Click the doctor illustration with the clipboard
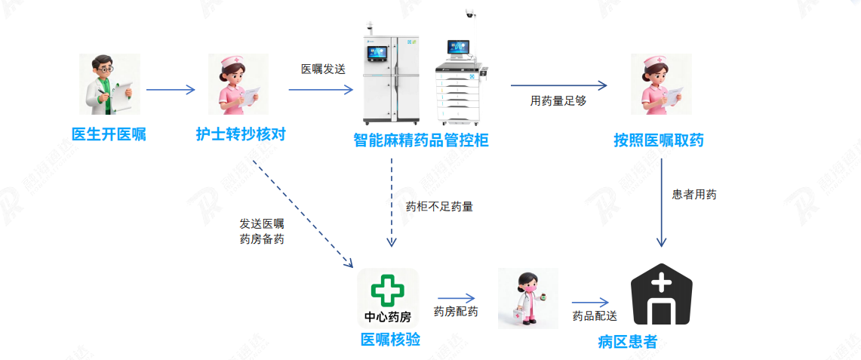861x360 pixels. [109, 84]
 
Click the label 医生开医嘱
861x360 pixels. [109, 135]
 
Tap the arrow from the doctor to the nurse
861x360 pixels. [171, 90]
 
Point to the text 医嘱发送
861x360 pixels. [323, 69]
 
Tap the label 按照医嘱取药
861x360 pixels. [659, 140]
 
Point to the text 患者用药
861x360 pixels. [694, 195]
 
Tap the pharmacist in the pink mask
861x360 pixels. [528, 299]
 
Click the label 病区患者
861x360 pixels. [627, 342]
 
